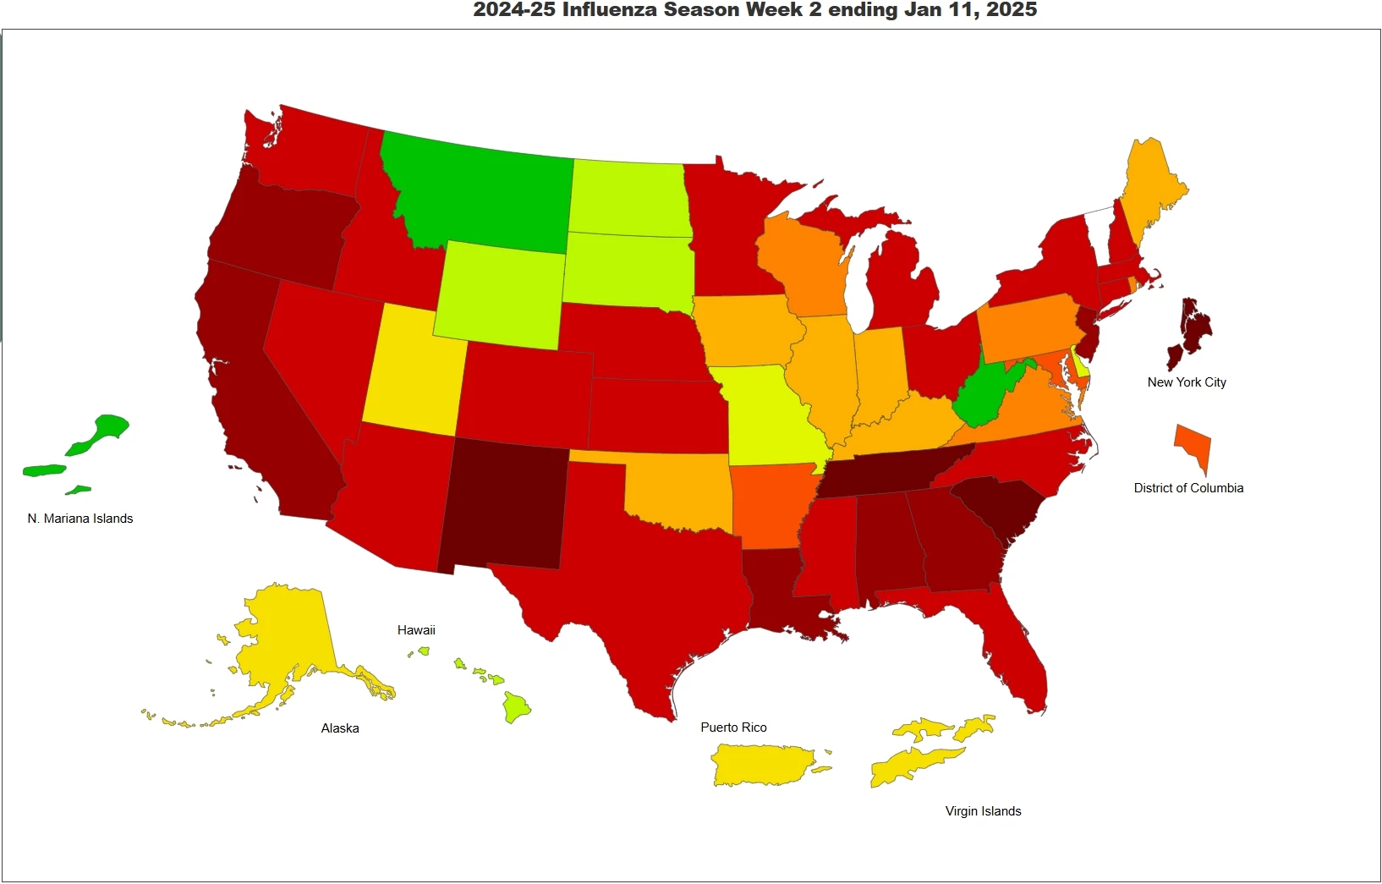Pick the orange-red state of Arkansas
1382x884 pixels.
[765, 503]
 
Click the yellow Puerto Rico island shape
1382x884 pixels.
[761, 765]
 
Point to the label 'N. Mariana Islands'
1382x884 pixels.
[80, 519]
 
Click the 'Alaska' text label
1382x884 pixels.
[340, 728]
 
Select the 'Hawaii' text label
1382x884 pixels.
[416, 630]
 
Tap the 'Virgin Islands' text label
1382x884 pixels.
[983, 811]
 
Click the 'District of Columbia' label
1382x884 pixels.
[1188, 488]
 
